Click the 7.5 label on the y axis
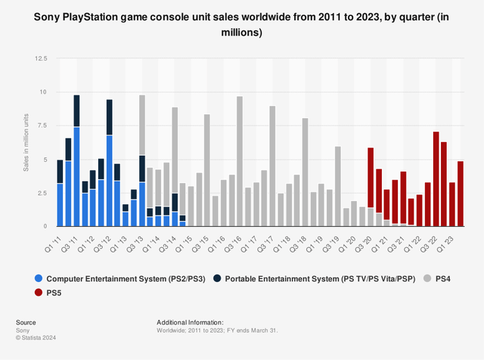(42, 126)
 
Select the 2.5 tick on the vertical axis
(42, 193)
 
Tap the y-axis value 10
(43, 92)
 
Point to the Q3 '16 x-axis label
(236, 241)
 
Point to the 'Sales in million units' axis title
(25, 151)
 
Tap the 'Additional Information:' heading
(190, 321)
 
